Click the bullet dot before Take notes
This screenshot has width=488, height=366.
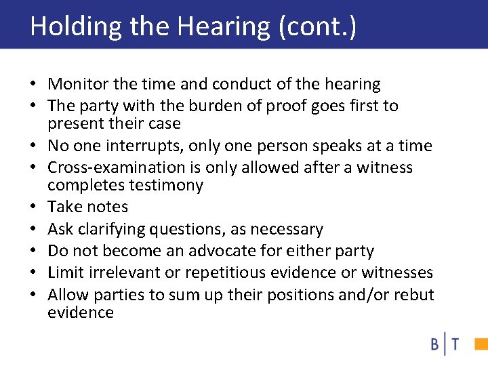point(33,207)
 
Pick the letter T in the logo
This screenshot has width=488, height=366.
point(453,345)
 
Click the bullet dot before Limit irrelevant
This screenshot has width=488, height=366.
point(33,273)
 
